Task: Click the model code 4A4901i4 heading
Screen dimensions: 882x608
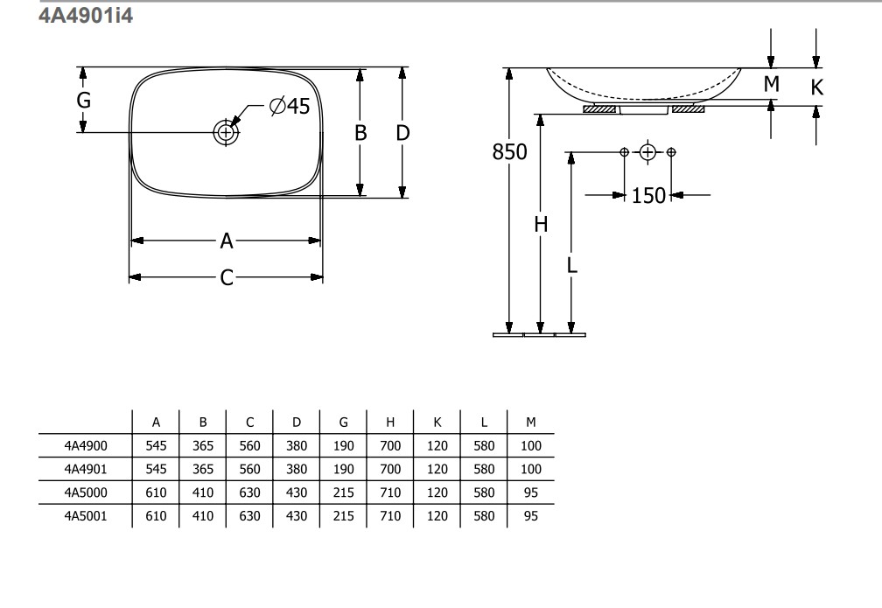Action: point(86,15)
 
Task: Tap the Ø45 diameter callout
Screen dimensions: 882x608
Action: point(290,106)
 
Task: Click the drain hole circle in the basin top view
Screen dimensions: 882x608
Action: point(226,133)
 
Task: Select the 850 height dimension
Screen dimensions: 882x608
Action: point(509,151)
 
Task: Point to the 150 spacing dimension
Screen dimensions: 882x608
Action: point(648,196)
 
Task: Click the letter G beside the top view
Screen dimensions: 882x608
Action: point(84,100)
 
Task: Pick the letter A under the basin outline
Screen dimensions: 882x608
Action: point(226,241)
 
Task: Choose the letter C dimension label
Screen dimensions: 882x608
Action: point(226,277)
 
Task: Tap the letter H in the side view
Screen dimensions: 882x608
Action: point(541,225)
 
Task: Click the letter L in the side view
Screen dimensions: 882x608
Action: point(572,264)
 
